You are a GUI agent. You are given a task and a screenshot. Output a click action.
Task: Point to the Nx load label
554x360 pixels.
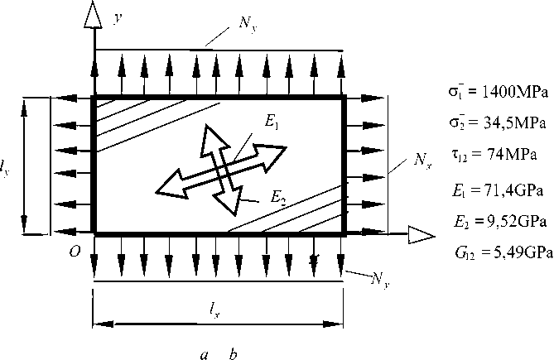(422, 161)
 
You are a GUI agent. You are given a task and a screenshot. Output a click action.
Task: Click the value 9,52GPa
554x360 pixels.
(510, 223)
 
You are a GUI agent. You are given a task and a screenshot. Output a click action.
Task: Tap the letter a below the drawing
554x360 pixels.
(204, 354)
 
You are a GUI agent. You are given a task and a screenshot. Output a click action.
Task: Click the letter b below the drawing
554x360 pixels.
(234, 354)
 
